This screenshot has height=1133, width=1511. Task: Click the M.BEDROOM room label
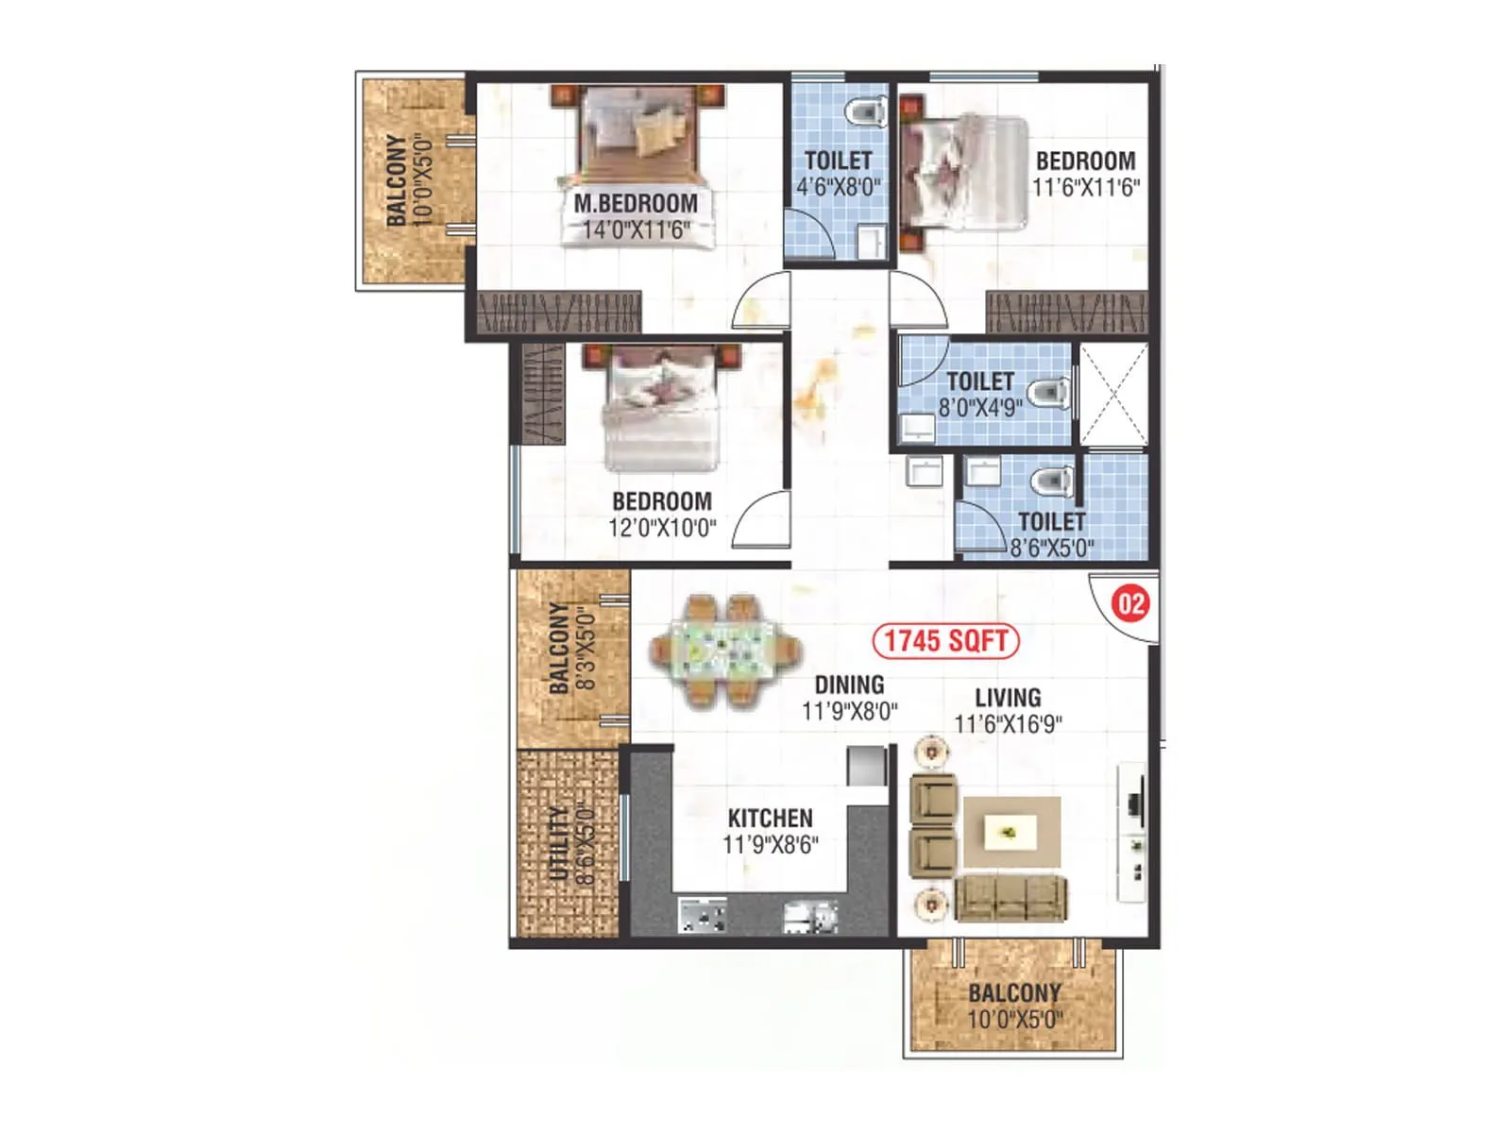point(636,203)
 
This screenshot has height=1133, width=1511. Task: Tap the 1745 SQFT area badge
point(945,641)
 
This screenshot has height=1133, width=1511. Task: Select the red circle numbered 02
point(1130,603)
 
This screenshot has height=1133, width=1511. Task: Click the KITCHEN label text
point(770,818)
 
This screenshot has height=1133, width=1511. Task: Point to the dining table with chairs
point(725,651)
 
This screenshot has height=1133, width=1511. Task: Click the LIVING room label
point(1008,698)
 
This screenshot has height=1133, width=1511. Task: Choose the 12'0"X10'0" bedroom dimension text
point(662,528)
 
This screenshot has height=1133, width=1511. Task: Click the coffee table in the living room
point(1010,832)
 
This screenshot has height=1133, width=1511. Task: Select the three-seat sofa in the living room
point(1010,898)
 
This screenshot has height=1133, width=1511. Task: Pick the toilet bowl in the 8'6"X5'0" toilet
point(1050,481)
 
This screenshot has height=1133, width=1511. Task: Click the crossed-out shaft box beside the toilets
point(1113,394)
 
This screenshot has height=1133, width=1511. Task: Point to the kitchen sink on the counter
point(810,916)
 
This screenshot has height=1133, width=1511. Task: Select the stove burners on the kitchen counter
point(703,916)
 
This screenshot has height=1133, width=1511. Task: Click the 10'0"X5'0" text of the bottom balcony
point(1014,1020)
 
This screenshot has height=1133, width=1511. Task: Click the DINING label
point(849,685)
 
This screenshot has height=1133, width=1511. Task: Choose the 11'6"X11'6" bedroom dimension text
point(1085,187)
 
